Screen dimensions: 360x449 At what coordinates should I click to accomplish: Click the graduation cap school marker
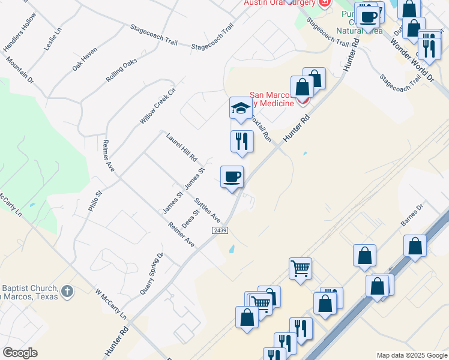pyautogui.click(x=240, y=109)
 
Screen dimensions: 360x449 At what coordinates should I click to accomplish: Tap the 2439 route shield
pyautogui.click(x=220, y=230)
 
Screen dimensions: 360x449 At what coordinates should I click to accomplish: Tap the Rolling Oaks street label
pyautogui.click(x=122, y=70)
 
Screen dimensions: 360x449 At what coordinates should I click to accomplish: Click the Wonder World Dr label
pyautogui.click(x=411, y=60)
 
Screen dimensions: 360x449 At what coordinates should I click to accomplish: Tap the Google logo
pyautogui.click(x=20, y=353)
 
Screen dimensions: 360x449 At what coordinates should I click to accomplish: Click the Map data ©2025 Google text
pyautogui.click(x=411, y=355)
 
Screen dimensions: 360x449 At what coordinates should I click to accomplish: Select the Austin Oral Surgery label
pyautogui.click(x=279, y=3)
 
